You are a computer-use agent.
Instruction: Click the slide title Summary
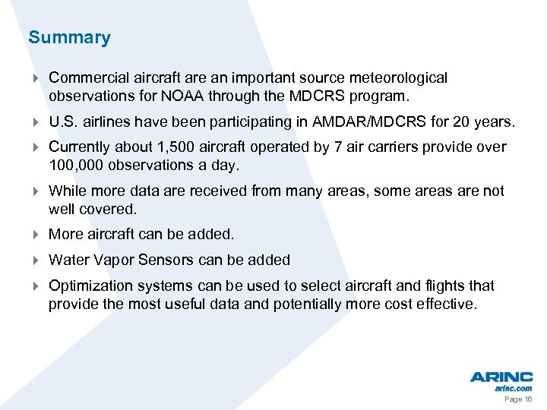[69, 37]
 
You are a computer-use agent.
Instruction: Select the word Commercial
[83, 77]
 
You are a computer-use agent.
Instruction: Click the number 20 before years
[470, 121]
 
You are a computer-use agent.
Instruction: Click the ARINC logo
[501, 377]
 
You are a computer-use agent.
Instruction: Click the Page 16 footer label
[518, 399]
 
